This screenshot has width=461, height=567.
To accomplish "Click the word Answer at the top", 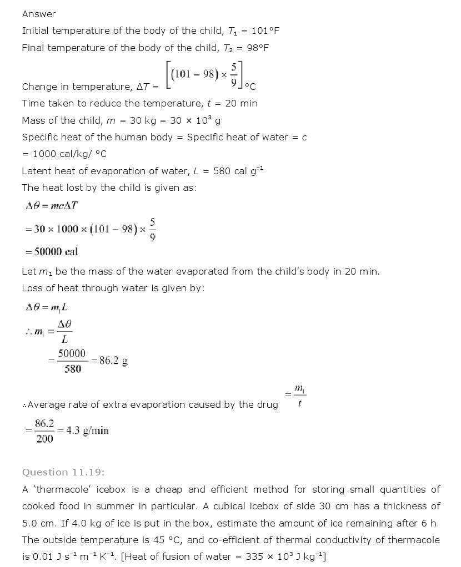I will (39, 14).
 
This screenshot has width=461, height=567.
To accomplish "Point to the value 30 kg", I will (142, 120).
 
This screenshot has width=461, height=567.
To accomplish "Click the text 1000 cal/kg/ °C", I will (70, 154).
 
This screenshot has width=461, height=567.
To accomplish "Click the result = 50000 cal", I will (52, 252).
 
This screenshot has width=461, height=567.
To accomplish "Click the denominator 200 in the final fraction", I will (44, 439).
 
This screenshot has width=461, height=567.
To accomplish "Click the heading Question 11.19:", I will (63, 472).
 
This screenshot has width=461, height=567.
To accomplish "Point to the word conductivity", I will (352, 540).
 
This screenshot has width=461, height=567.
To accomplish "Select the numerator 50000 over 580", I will (72, 353).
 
